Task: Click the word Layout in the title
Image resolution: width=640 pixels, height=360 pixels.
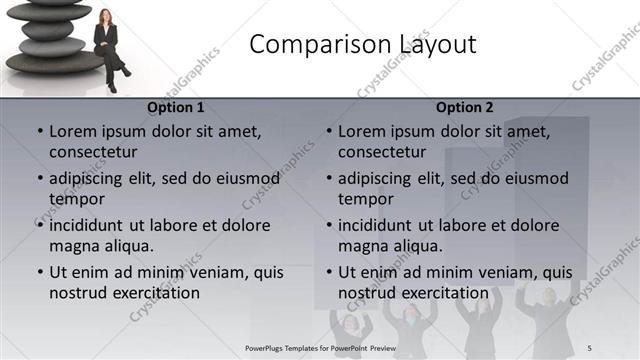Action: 431,45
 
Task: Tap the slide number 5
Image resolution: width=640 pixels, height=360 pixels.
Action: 589,348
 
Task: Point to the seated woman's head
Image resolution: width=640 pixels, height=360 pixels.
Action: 105,16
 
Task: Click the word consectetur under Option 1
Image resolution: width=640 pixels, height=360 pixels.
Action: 93,152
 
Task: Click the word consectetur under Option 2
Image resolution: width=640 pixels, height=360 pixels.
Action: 382,152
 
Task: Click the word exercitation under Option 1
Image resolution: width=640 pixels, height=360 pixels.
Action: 154,293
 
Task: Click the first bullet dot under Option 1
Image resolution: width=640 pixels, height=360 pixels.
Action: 40,132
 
